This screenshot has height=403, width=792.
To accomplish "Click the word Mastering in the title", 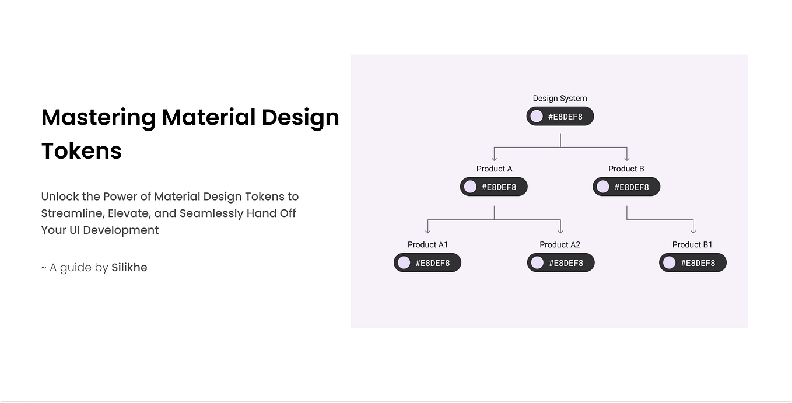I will [x=99, y=118].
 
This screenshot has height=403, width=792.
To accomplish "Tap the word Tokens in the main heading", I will [x=82, y=151].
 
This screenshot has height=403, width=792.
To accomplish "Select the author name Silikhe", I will [x=129, y=268].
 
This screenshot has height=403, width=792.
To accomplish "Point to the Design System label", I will [x=560, y=99].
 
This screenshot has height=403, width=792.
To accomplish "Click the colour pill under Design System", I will [x=560, y=117].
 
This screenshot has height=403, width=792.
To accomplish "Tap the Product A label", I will [x=494, y=169].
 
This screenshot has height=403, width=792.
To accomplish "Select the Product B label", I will [x=626, y=169].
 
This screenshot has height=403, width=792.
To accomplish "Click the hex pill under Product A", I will [x=493, y=187].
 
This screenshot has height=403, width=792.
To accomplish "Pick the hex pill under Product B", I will [x=626, y=187].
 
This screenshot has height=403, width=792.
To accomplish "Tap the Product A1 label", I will [x=427, y=244].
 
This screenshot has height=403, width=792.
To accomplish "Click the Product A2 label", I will [x=560, y=244].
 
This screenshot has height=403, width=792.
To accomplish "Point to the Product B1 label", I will [x=692, y=244].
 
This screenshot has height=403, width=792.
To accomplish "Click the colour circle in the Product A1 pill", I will [x=404, y=263].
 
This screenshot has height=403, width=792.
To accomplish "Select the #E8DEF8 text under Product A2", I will [x=566, y=263].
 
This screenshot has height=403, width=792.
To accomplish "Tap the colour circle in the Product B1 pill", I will [x=670, y=263].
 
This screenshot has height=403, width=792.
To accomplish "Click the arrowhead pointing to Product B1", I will [x=693, y=231].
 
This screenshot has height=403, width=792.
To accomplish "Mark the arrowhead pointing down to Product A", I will [x=494, y=157].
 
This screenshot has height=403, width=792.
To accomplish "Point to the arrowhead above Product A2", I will [x=560, y=231].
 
